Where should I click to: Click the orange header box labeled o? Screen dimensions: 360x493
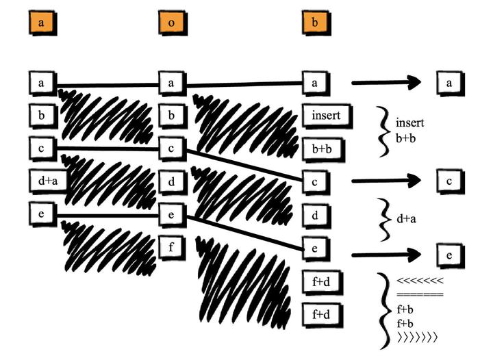[170, 23]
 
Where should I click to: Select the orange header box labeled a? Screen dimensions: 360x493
[40, 23]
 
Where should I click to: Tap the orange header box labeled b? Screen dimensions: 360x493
[314, 23]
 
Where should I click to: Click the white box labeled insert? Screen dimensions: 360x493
[327, 116]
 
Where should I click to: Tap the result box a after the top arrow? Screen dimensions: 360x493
[450, 83]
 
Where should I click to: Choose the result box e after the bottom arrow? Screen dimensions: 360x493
[450, 256]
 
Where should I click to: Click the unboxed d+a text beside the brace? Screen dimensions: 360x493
[408, 219]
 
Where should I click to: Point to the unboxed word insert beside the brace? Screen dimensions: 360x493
[410, 123]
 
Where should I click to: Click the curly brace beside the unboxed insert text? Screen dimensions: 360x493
[383, 131]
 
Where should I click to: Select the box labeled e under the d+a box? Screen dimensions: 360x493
[41, 214]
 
